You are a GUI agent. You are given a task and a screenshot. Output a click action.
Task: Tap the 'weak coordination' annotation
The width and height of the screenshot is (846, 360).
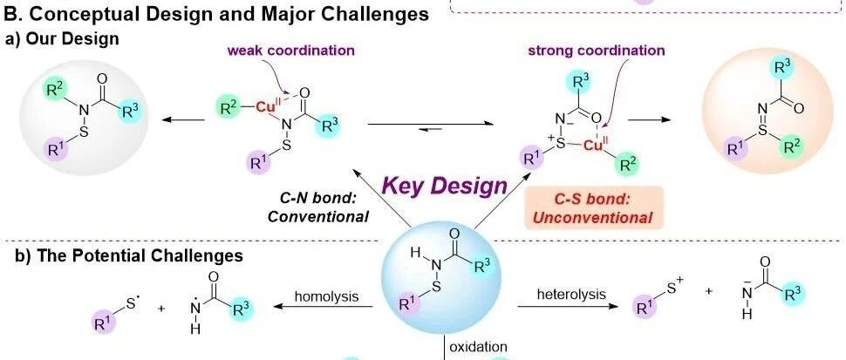291,50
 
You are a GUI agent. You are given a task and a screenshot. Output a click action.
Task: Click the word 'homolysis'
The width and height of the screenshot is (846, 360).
326,295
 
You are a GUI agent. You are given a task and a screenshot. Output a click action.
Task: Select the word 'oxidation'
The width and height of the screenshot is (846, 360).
478,348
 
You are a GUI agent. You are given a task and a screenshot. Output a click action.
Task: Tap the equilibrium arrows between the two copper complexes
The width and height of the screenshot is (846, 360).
426,126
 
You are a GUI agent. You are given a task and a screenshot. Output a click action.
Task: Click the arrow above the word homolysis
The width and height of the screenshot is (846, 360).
326,306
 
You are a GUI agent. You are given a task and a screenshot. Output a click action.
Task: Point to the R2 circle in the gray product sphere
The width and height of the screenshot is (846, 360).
54,87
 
